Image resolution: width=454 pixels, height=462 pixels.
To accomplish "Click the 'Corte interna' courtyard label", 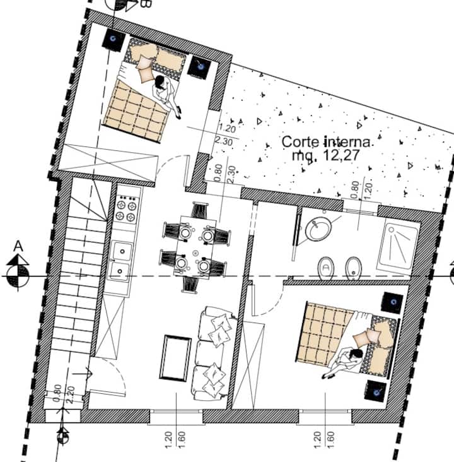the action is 326,142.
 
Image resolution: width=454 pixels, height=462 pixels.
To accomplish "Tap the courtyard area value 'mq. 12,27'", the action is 325,155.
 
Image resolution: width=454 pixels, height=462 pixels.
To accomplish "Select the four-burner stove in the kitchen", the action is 127,209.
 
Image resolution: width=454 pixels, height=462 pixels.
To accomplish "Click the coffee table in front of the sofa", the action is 175,358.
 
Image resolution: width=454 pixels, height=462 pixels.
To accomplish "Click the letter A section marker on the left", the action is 18,246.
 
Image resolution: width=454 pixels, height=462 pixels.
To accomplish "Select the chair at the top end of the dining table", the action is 200,210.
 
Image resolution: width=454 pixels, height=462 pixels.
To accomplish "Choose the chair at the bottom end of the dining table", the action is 190,284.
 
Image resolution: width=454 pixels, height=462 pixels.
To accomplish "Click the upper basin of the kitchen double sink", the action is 122,251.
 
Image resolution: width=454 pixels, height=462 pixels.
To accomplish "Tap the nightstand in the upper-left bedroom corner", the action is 113,40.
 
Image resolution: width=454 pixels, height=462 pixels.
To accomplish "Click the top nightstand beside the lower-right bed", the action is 393,302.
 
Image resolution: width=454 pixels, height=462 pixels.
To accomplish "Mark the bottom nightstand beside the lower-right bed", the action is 376,391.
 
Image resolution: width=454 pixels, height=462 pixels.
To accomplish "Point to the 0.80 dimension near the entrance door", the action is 57,393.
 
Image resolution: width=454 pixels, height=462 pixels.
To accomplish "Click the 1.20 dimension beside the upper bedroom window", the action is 227,129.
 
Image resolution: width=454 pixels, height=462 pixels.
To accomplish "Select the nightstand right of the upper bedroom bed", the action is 200,67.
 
